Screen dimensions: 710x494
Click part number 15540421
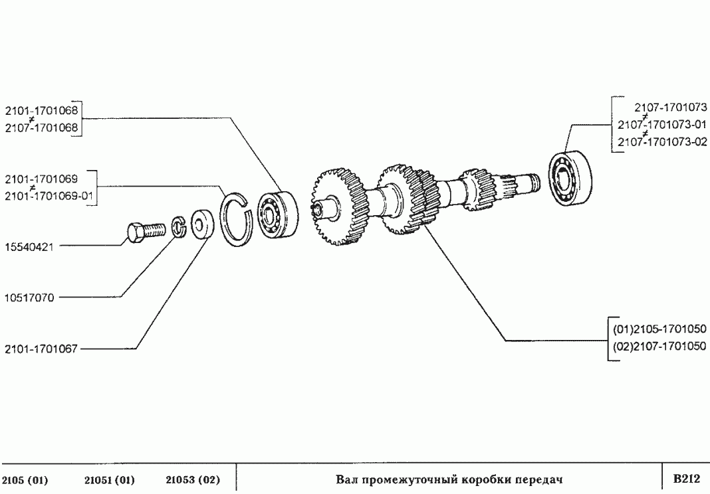pyautogui.click(x=29, y=247)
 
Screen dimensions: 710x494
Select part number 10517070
pyautogui.click(x=29, y=297)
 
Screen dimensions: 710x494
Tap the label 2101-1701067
pyautogui.click(x=41, y=349)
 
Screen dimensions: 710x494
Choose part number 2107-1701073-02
pyautogui.click(x=662, y=141)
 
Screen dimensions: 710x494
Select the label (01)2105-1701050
pyautogui.click(x=659, y=329)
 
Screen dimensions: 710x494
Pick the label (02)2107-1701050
pyautogui.click(x=659, y=346)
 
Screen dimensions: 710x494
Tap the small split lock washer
pyautogui.click(x=179, y=226)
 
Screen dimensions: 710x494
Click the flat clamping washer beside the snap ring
pyautogui.click(x=202, y=224)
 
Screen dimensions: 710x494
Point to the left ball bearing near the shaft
pyautogui.click(x=278, y=214)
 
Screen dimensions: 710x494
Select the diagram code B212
pyautogui.click(x=687, y=478)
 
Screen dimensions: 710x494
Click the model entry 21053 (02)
pyautogui.click(x=193, y=479)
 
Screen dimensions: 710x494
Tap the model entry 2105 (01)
pyautogui.click(x=25, y=479)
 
